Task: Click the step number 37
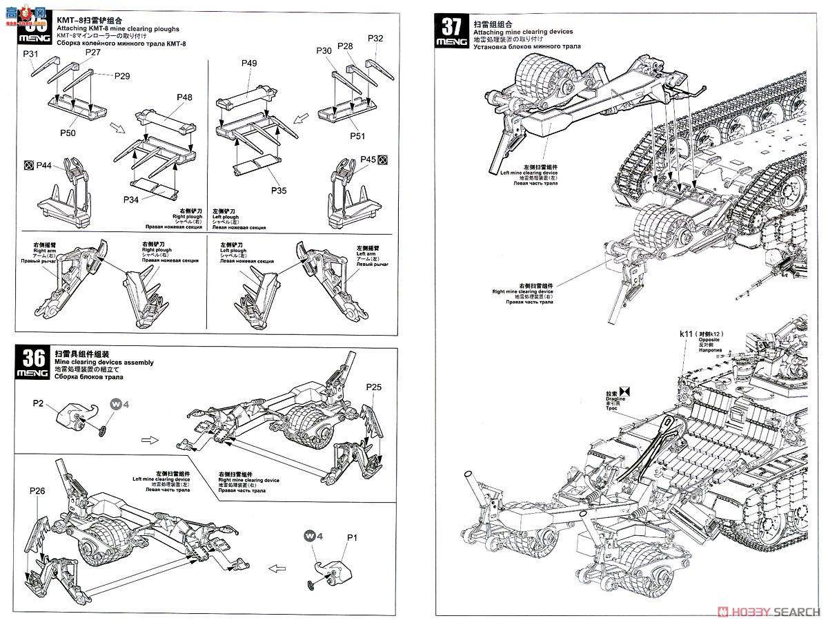(x=451, y=27)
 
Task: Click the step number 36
(x=34, y=358)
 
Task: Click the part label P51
(x=357, y=136)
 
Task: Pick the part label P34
(x=132, y=200)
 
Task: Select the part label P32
(x=375, y=38)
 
